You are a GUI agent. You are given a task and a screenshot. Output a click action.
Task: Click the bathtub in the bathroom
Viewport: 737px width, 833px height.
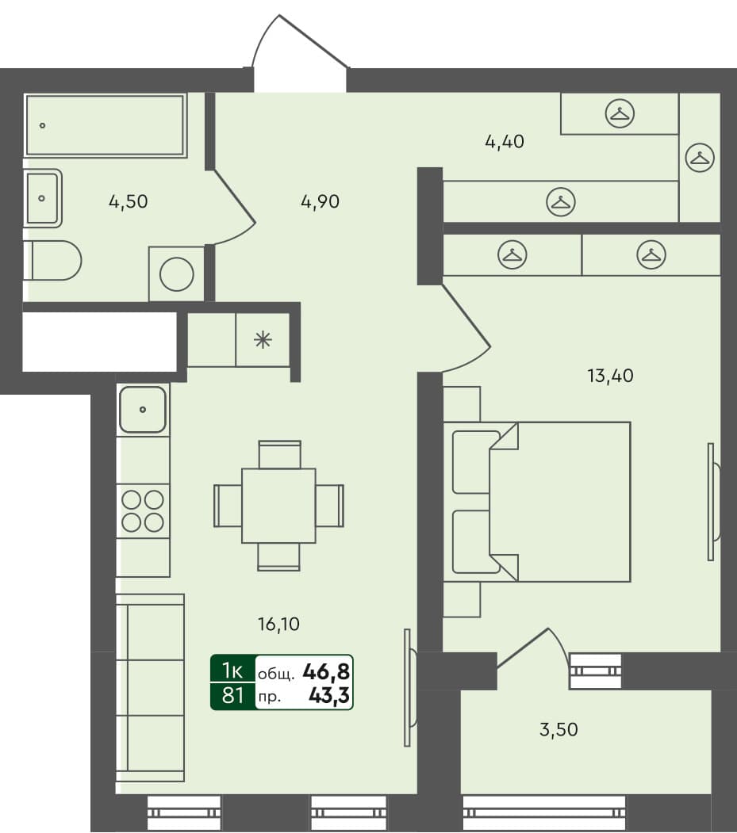point(106,125)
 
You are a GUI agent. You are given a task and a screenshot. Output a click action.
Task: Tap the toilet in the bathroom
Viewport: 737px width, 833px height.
point(54,260)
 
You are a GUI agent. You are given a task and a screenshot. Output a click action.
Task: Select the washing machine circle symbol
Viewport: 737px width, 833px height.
point(176,274)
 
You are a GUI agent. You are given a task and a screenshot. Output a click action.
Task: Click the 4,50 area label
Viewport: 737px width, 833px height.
point(128,201)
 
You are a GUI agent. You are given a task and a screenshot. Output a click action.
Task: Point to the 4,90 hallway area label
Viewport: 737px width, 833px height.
point(320,201)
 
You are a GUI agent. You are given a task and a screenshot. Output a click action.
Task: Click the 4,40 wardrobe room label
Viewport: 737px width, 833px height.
point(505,143)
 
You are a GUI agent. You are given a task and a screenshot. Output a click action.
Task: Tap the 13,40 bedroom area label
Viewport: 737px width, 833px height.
point(609,376)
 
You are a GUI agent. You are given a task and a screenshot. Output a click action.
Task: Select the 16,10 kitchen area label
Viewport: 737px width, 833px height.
point(278,625)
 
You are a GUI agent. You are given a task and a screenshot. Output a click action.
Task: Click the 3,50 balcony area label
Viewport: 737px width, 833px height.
point(558,729)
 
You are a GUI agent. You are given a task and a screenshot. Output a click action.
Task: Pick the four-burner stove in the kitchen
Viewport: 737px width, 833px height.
point(143,510)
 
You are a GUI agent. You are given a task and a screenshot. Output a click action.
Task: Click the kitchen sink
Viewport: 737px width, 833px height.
point(143,410)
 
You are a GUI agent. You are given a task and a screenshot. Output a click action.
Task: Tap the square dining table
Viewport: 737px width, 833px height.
point(278,505)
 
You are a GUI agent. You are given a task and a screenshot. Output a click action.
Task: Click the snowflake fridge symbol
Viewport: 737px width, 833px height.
point(263,340)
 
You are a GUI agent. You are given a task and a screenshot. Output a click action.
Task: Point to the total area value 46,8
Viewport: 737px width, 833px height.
point(326,673)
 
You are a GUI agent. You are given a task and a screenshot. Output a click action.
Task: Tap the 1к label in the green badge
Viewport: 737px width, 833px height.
point(232,671)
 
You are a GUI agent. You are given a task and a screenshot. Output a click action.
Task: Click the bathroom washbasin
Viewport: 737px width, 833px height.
point(43,198)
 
